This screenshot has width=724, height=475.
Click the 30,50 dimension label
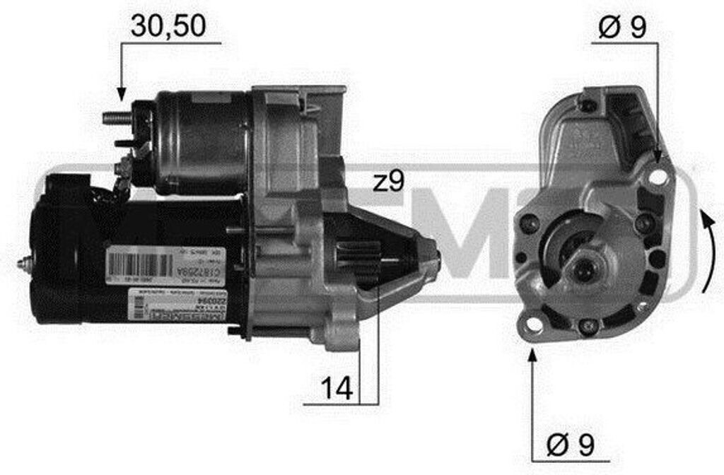[x=168, y=25]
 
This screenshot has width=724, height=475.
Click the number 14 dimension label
[x=337, y=387]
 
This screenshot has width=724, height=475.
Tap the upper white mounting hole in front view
[x=658, y=177]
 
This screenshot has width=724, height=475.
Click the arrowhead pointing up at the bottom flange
[x=532, y=353]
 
